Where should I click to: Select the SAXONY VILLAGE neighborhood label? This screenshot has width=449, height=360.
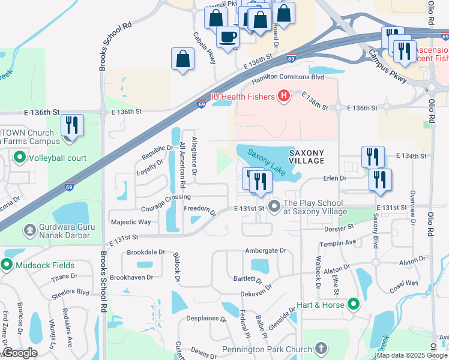coord(306,157)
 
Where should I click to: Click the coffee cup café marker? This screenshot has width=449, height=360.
coord(227,37)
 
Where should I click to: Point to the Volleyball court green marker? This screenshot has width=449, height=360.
coord(19,158)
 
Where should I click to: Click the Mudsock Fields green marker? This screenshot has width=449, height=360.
coord(7,265)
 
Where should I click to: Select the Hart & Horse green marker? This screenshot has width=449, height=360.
coord(354,305)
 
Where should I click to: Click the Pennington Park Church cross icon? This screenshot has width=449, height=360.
coord(321,349)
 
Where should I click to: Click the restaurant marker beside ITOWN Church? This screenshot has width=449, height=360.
coord(72,126)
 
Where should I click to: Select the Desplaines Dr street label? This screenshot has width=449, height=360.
coord(205,319)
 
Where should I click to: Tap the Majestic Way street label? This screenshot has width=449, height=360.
coord(131,222)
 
